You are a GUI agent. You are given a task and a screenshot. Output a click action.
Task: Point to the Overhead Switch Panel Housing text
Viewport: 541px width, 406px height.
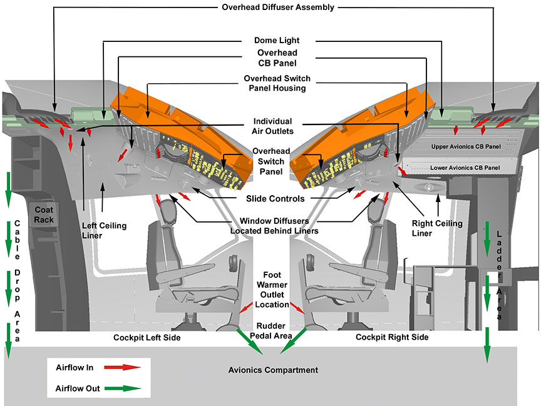(277, 84)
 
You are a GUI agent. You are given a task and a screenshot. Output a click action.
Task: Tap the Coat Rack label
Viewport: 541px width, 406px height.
(44, 215)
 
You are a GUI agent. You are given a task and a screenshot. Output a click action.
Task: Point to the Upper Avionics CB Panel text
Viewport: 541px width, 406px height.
(465, 146)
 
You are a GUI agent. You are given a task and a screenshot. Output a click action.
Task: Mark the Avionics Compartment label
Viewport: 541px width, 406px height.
(273, 370)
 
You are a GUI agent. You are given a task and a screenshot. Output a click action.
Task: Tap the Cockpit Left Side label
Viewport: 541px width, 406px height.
(147, 337)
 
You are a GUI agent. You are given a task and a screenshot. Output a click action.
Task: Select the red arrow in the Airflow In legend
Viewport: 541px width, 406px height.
(121, 368)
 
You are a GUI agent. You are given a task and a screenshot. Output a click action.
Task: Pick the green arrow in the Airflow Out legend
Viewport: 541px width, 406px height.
(121, 388)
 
